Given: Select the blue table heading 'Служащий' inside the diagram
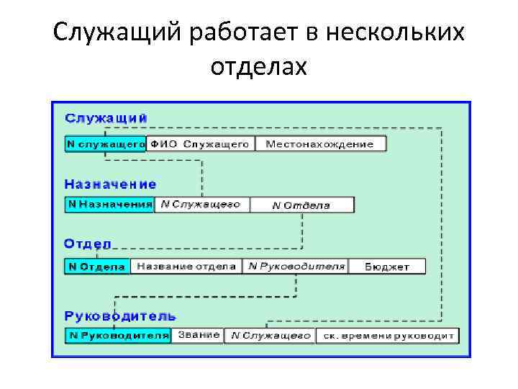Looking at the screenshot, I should coord(106,117).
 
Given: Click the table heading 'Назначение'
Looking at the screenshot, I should coord(110,184).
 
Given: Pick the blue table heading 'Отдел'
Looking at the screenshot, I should coord(88,243).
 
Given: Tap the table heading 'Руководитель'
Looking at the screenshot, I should coord(120,316).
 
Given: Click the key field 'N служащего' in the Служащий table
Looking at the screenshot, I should coord(106,143).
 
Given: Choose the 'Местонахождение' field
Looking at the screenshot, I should coord(320,143).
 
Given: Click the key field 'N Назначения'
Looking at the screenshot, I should coord(109,205).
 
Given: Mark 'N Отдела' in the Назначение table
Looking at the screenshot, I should coord(301,205).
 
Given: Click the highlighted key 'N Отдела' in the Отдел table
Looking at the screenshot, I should coord(97,267).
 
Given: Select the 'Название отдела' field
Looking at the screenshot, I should coord(186,267).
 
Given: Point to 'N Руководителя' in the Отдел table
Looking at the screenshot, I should coord(296,267).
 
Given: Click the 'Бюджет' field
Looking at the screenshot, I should coord(387,267).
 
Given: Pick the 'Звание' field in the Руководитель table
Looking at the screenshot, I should coord(199,336).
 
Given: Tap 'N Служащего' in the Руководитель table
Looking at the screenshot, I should coord(270,336).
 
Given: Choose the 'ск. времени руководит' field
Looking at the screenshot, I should coord(388,336).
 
